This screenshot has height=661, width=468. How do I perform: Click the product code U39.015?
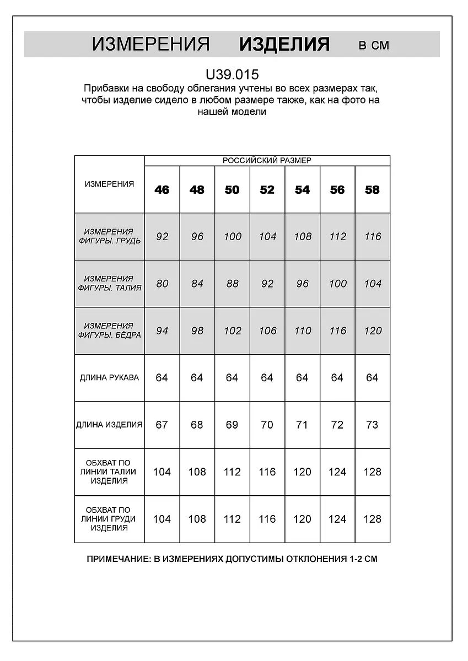coord(232,74)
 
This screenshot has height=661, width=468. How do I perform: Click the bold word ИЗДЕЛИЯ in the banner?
coord(284,44)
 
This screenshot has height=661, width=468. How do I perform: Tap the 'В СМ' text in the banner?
coord(373,45)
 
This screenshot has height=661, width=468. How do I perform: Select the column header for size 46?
coord(162,189)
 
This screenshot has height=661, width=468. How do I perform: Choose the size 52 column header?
coord(267,189)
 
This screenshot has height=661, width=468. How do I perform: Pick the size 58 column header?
coord(372,189)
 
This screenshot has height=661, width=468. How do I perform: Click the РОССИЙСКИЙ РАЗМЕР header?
coord(267,160)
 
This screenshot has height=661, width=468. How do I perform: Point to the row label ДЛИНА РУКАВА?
coord(109,378)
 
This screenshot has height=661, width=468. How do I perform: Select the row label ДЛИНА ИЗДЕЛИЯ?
coord(109,425)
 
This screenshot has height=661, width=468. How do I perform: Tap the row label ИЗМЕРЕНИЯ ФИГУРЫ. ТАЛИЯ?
coord(109,283)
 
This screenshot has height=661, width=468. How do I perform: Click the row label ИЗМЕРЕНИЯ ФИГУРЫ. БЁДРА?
coord(109,330)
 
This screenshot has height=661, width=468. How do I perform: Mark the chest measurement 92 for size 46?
coord(162,236)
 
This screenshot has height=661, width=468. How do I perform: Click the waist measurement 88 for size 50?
coord(232,284)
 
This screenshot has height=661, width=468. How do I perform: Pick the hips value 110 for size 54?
coord(302,330)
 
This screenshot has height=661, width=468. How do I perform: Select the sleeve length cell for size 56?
coord(337,378)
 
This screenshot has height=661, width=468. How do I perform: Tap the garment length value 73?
coord(372,425)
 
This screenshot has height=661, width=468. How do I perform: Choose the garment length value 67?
coord(162,425)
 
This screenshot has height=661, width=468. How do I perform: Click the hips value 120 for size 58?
coord(373,330)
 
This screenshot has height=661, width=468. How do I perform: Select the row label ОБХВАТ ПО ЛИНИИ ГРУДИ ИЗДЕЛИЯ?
coord(109,519)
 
